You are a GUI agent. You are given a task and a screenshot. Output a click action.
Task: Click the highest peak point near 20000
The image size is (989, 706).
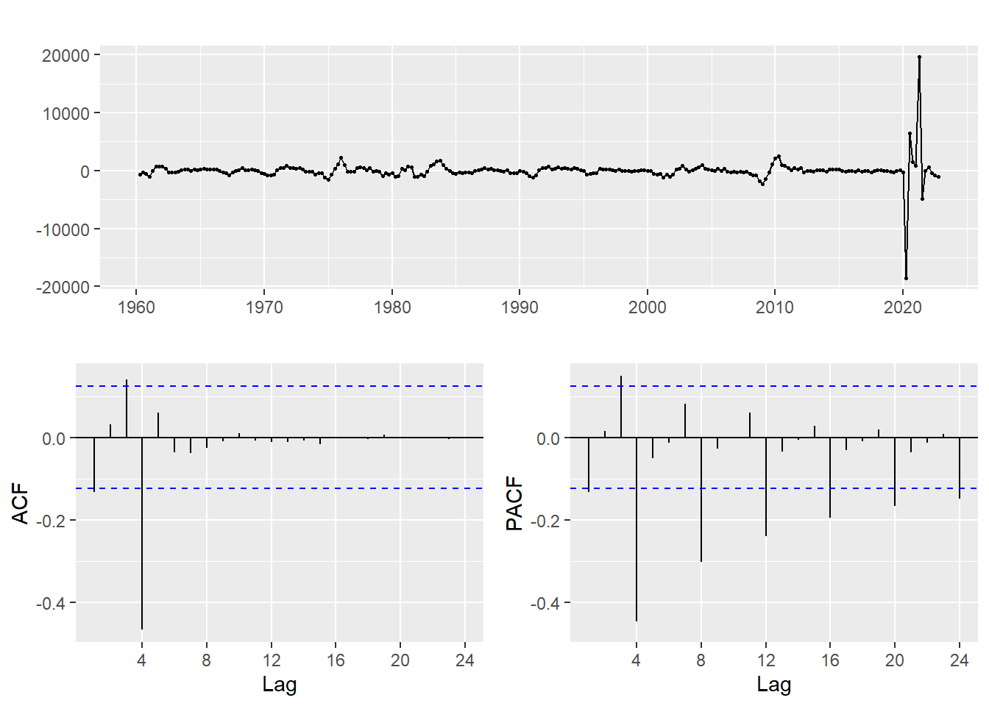click(919, 57)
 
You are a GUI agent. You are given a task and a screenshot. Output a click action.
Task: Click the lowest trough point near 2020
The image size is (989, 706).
click(906, 278)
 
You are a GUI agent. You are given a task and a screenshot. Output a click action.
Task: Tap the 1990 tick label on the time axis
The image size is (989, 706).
click(520, 307)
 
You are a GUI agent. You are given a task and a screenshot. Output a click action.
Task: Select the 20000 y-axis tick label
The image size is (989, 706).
click(65, 56)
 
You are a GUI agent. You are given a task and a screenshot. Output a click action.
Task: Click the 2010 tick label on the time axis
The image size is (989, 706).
click(775, 307)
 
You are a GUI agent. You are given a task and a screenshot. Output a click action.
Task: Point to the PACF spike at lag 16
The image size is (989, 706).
click(830, 478)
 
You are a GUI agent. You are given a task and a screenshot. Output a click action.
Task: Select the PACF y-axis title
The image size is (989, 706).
click(514, 503)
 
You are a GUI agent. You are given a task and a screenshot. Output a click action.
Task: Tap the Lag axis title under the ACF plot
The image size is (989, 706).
click(280, 685)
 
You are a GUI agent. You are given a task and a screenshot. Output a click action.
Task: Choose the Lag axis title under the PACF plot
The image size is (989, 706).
click(774, 685)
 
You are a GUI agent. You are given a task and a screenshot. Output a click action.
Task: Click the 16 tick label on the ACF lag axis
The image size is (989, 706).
click(336, 660)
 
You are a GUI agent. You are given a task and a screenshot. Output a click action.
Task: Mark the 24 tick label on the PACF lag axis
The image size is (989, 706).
click(959, 660)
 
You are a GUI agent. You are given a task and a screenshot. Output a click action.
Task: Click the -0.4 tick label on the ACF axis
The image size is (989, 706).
click(52, 604)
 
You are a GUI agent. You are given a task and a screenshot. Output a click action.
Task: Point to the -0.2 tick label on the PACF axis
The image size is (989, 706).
click(546, 521)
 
